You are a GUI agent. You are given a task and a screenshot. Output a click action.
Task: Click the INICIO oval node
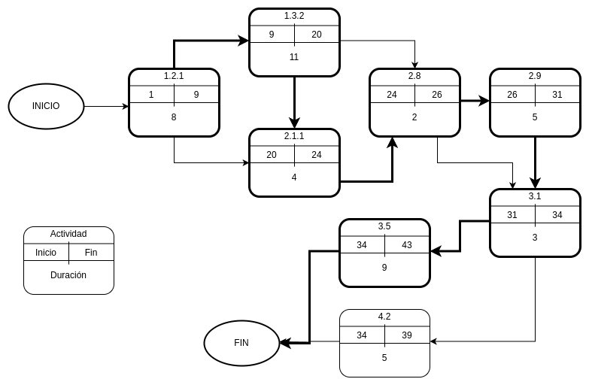click(x=46, y=106)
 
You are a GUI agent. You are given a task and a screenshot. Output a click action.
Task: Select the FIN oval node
click(x=241, y=343)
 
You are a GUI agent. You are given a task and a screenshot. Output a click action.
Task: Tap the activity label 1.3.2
click(x=294, y=16)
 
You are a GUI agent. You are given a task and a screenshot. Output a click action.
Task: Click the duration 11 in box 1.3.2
click(x=294, y=57)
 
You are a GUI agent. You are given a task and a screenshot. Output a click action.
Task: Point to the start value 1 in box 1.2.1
click(x=151, y=95)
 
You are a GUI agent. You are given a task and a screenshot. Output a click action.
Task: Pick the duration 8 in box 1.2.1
click(x=174, y=117)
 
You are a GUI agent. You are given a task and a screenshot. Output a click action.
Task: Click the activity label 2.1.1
click(x=294, y=136)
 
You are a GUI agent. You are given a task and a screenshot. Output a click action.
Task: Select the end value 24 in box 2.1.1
click(x=317, y=155)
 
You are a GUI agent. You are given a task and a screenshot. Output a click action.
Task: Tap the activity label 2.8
click(x=414, y=76)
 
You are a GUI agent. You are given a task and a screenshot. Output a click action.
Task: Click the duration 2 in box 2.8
click(x=414, y=117)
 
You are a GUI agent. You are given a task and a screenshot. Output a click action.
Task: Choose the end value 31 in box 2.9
click(x=557, y=95)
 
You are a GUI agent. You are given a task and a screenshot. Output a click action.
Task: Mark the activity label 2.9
click(x=535, y=76)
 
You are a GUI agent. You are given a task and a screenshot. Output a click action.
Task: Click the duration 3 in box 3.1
click(x=535, y=238)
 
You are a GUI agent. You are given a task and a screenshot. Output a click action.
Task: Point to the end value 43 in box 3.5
click(x=407, y=245)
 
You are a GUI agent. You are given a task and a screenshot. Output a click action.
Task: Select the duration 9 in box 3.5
click(x=384, y=268)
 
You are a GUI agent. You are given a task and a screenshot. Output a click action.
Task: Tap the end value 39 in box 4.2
click(x=407, y=335)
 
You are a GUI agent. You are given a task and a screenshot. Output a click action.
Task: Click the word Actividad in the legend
click(x=68, y=234)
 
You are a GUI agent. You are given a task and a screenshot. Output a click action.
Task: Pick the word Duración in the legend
click(x=68, y=275)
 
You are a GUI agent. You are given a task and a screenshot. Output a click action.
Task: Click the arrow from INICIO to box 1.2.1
click(x=106, y=106)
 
